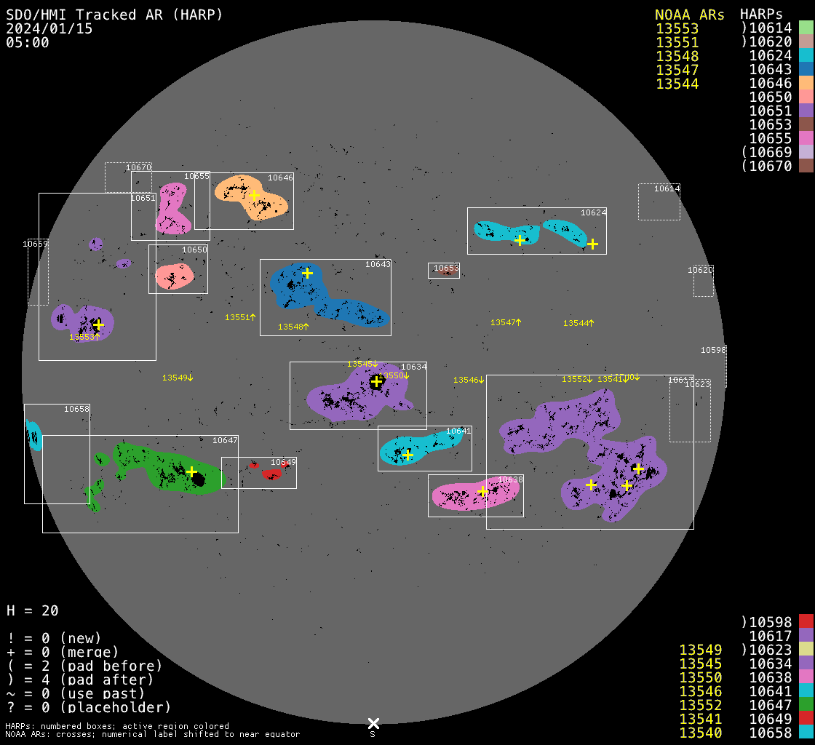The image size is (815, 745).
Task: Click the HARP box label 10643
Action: tap(378, 264)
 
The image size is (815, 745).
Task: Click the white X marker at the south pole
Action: tap(373, 723)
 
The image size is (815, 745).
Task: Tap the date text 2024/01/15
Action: tap(49, 29)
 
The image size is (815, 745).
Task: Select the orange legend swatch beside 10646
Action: tap(806, 83)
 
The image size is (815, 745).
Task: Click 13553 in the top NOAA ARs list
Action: tap(677, 29)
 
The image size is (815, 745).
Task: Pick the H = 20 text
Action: tap(33, 610)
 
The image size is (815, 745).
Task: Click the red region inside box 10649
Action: tap(271, 474)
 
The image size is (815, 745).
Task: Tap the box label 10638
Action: tap(510, 480)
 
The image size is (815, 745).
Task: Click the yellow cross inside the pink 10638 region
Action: tap(482, 492)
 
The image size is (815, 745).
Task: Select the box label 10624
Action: tap(593, 213)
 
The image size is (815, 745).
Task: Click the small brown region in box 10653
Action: tap(445, 272)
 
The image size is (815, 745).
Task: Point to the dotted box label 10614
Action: tap(667, 188)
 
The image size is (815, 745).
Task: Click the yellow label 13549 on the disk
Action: tap(175, 378)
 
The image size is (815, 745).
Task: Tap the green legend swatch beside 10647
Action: tap(806, 704)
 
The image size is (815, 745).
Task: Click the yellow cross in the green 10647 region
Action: tap(191, 471)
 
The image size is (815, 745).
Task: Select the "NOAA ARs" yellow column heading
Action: tap(689, 15)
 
